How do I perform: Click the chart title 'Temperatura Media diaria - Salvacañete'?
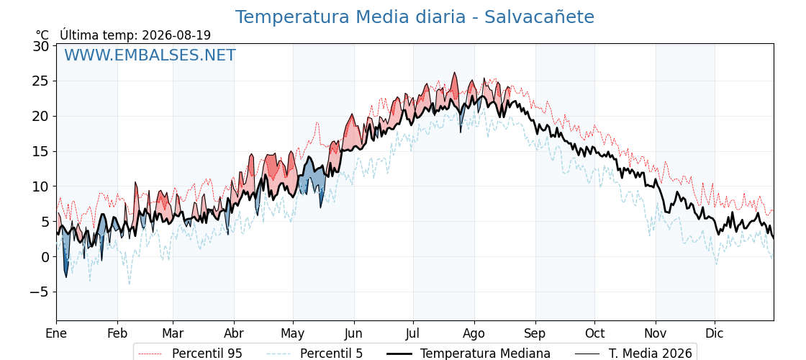point(415,17)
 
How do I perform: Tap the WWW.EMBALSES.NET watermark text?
point(150,55)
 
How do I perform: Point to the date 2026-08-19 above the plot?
point(176,35)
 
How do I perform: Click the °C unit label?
point(42,35)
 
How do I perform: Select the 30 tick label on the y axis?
point(41,46)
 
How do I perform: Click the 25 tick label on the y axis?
point(41,81)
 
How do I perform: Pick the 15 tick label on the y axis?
point(41,152)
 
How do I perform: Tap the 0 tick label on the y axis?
point(45,256)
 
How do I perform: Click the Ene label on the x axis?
point(56,333)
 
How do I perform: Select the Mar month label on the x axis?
point(173,333)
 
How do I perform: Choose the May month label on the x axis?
point(292,334)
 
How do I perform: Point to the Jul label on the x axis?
point(413,333)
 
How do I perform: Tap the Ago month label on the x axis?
point(474,334)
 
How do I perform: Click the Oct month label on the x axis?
point(594,333)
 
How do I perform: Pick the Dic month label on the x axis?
point(715,333)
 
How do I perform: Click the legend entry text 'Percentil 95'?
point(207,354)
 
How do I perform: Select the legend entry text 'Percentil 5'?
point(332,354)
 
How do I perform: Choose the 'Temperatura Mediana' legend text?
point(485,354)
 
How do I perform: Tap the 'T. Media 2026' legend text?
point(651,354)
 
